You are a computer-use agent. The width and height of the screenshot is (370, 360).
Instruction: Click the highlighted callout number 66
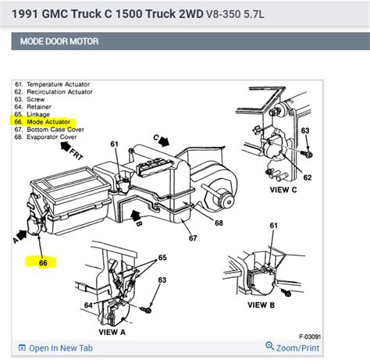43,263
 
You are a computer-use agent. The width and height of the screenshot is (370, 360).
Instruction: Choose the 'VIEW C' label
284,188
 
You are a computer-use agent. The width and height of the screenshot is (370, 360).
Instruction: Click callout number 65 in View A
162,257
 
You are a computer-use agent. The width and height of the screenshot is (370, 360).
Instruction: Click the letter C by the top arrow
155,138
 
